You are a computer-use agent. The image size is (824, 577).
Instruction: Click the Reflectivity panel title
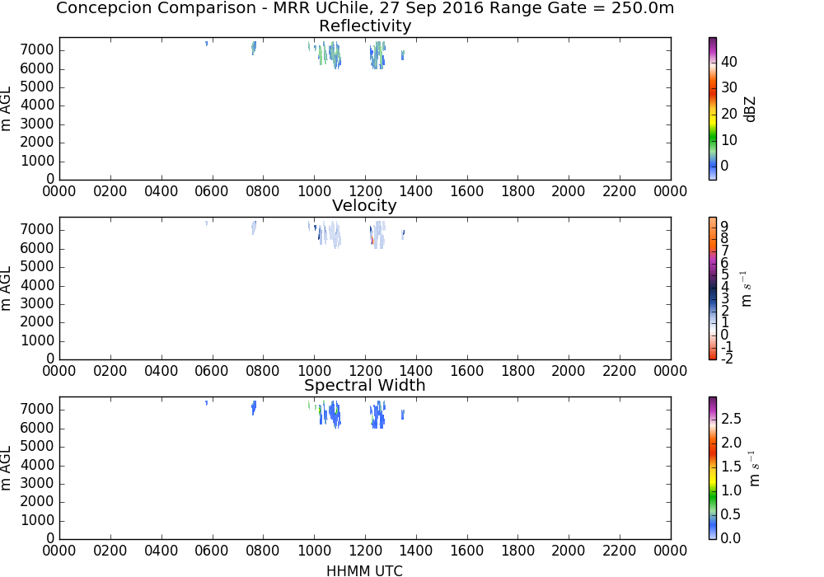[365, 26]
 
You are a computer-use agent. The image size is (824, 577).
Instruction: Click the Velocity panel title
[364, 205]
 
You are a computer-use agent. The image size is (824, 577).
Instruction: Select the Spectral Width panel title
[364, 385]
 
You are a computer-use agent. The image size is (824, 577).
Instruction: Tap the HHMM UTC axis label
[364, 570]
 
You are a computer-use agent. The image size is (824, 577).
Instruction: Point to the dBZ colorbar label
[750, 110]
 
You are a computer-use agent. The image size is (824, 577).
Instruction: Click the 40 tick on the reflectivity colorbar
[729, 62]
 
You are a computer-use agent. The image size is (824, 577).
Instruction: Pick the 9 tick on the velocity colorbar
[724, 227]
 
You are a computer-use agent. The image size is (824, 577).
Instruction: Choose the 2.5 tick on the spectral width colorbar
[731, 419]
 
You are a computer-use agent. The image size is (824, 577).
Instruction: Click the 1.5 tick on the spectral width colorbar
[731, 467]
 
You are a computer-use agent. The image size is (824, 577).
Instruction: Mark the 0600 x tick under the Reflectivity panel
[211, 191]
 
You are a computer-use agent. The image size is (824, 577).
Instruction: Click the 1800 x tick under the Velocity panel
[517, 371]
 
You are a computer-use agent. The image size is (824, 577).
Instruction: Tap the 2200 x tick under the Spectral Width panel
[620, 551]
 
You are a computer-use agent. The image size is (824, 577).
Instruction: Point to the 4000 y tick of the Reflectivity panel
[37, 106]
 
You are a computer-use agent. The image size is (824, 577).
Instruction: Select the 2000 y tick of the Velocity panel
[37, 322]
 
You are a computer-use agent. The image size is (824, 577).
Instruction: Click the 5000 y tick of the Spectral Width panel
[37, 447]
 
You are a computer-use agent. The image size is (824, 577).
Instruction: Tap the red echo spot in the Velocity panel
[372, 239]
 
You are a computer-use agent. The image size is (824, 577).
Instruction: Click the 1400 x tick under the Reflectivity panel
[415, 191]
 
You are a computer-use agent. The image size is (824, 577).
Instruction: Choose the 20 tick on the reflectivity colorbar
[729, 114]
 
